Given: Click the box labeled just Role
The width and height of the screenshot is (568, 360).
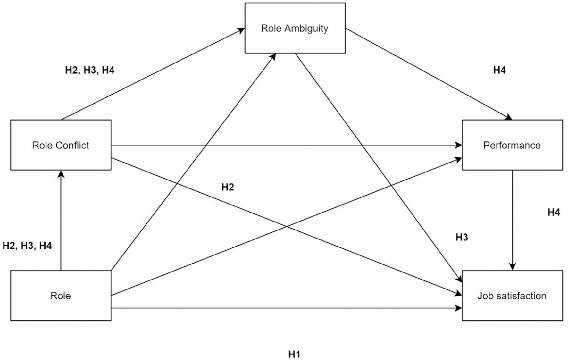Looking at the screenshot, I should pyautogui.click(x=61, y=308).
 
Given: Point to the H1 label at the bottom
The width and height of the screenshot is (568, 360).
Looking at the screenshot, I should pyautogui.click(x=294, y=354).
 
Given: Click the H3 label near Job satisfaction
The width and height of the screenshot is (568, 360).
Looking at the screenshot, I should pyautogui.click(x=462, y=237).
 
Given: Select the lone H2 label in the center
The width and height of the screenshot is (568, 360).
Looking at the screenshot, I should pyautogui.click(x=228, y=187).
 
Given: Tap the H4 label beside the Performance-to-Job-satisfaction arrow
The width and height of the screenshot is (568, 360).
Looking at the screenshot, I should pyautogui.click(x=554, y=212).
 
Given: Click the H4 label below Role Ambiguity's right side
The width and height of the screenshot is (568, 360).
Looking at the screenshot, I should pyautogui.click(x=499, y=70).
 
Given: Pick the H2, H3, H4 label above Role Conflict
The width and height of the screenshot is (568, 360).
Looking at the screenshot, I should pyautogui.click(x=90, y=70).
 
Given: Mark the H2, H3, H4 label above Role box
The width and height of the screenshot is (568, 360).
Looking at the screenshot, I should pyautogui.click(x=27, y=246).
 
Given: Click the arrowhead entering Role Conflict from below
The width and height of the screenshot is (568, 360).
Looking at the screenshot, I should pyautogui.click(x=61, y=174).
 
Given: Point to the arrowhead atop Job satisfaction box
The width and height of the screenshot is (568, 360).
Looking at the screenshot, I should pyautogui.click(x=513, y=267).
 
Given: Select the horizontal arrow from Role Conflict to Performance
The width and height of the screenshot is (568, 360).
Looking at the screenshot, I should pyautogui.click(x=285, y=145).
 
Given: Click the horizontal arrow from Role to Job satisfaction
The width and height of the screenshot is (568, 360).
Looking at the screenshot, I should pyautogui.click(x=285, y=308).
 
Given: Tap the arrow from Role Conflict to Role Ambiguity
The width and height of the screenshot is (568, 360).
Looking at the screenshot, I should pyautogui.click(x=152, y=74).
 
